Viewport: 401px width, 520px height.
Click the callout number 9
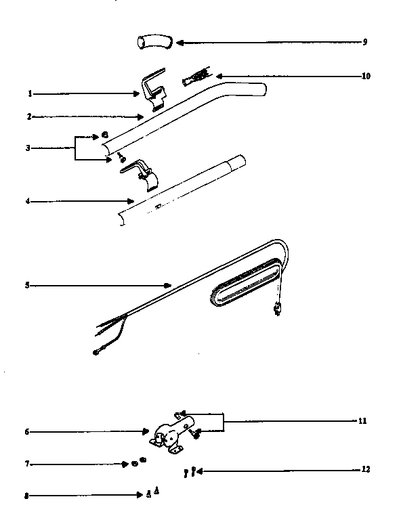coord(364,42)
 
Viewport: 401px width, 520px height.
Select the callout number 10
coord(366,76)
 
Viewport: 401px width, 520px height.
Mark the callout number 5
coord(27,285)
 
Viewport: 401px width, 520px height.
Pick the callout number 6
coord(27,431)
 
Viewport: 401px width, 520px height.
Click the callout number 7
coord(27,464)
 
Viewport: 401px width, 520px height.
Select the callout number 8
coord(27,496)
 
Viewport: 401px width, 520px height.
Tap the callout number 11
coord(362,420)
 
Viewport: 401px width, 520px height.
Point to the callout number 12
coord(366,469)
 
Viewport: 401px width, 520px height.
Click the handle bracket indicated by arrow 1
coord(153,90)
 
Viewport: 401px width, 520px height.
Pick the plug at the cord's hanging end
coord(276,311)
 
